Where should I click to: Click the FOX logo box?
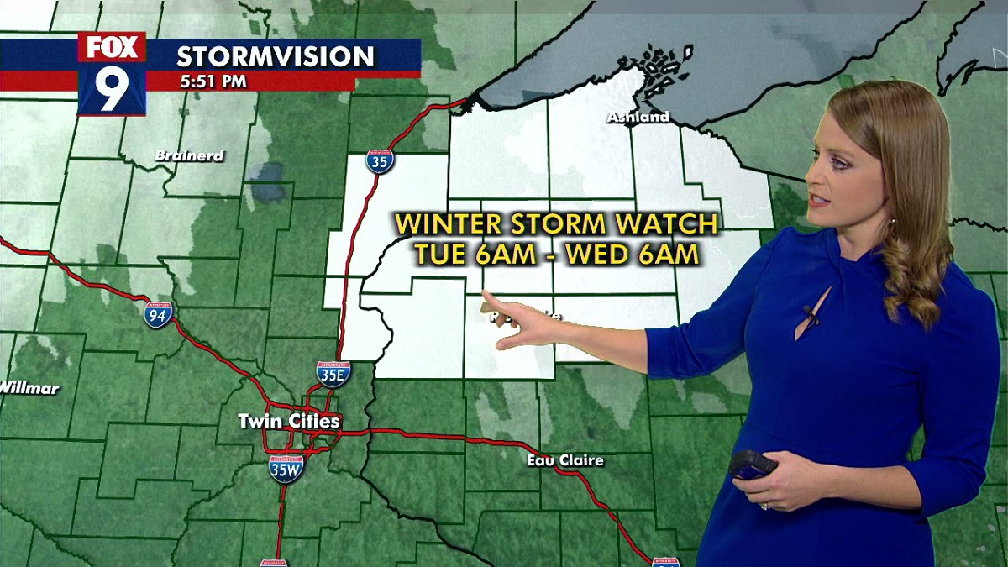[x=112, y=47]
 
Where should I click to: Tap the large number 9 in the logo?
[x=112, y=90]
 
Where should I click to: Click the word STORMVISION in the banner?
[x=275, y=57]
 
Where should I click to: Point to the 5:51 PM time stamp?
[x=213, y=82]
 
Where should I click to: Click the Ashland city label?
[x=638, y=118]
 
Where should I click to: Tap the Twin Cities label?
[x=289, y=421]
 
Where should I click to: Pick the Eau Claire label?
[x=565, y=460]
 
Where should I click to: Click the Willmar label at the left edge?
[x=29, y=388]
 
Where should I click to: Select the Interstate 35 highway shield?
[x=380, y=161]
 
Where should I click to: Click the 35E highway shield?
[x=333, y=374]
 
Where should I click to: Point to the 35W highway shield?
[x=286, y=468]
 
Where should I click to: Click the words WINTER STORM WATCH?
[x=557, y=224]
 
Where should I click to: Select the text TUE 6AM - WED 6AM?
[x=557, y=254]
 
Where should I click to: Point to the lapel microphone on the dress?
[x=810, y=315]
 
